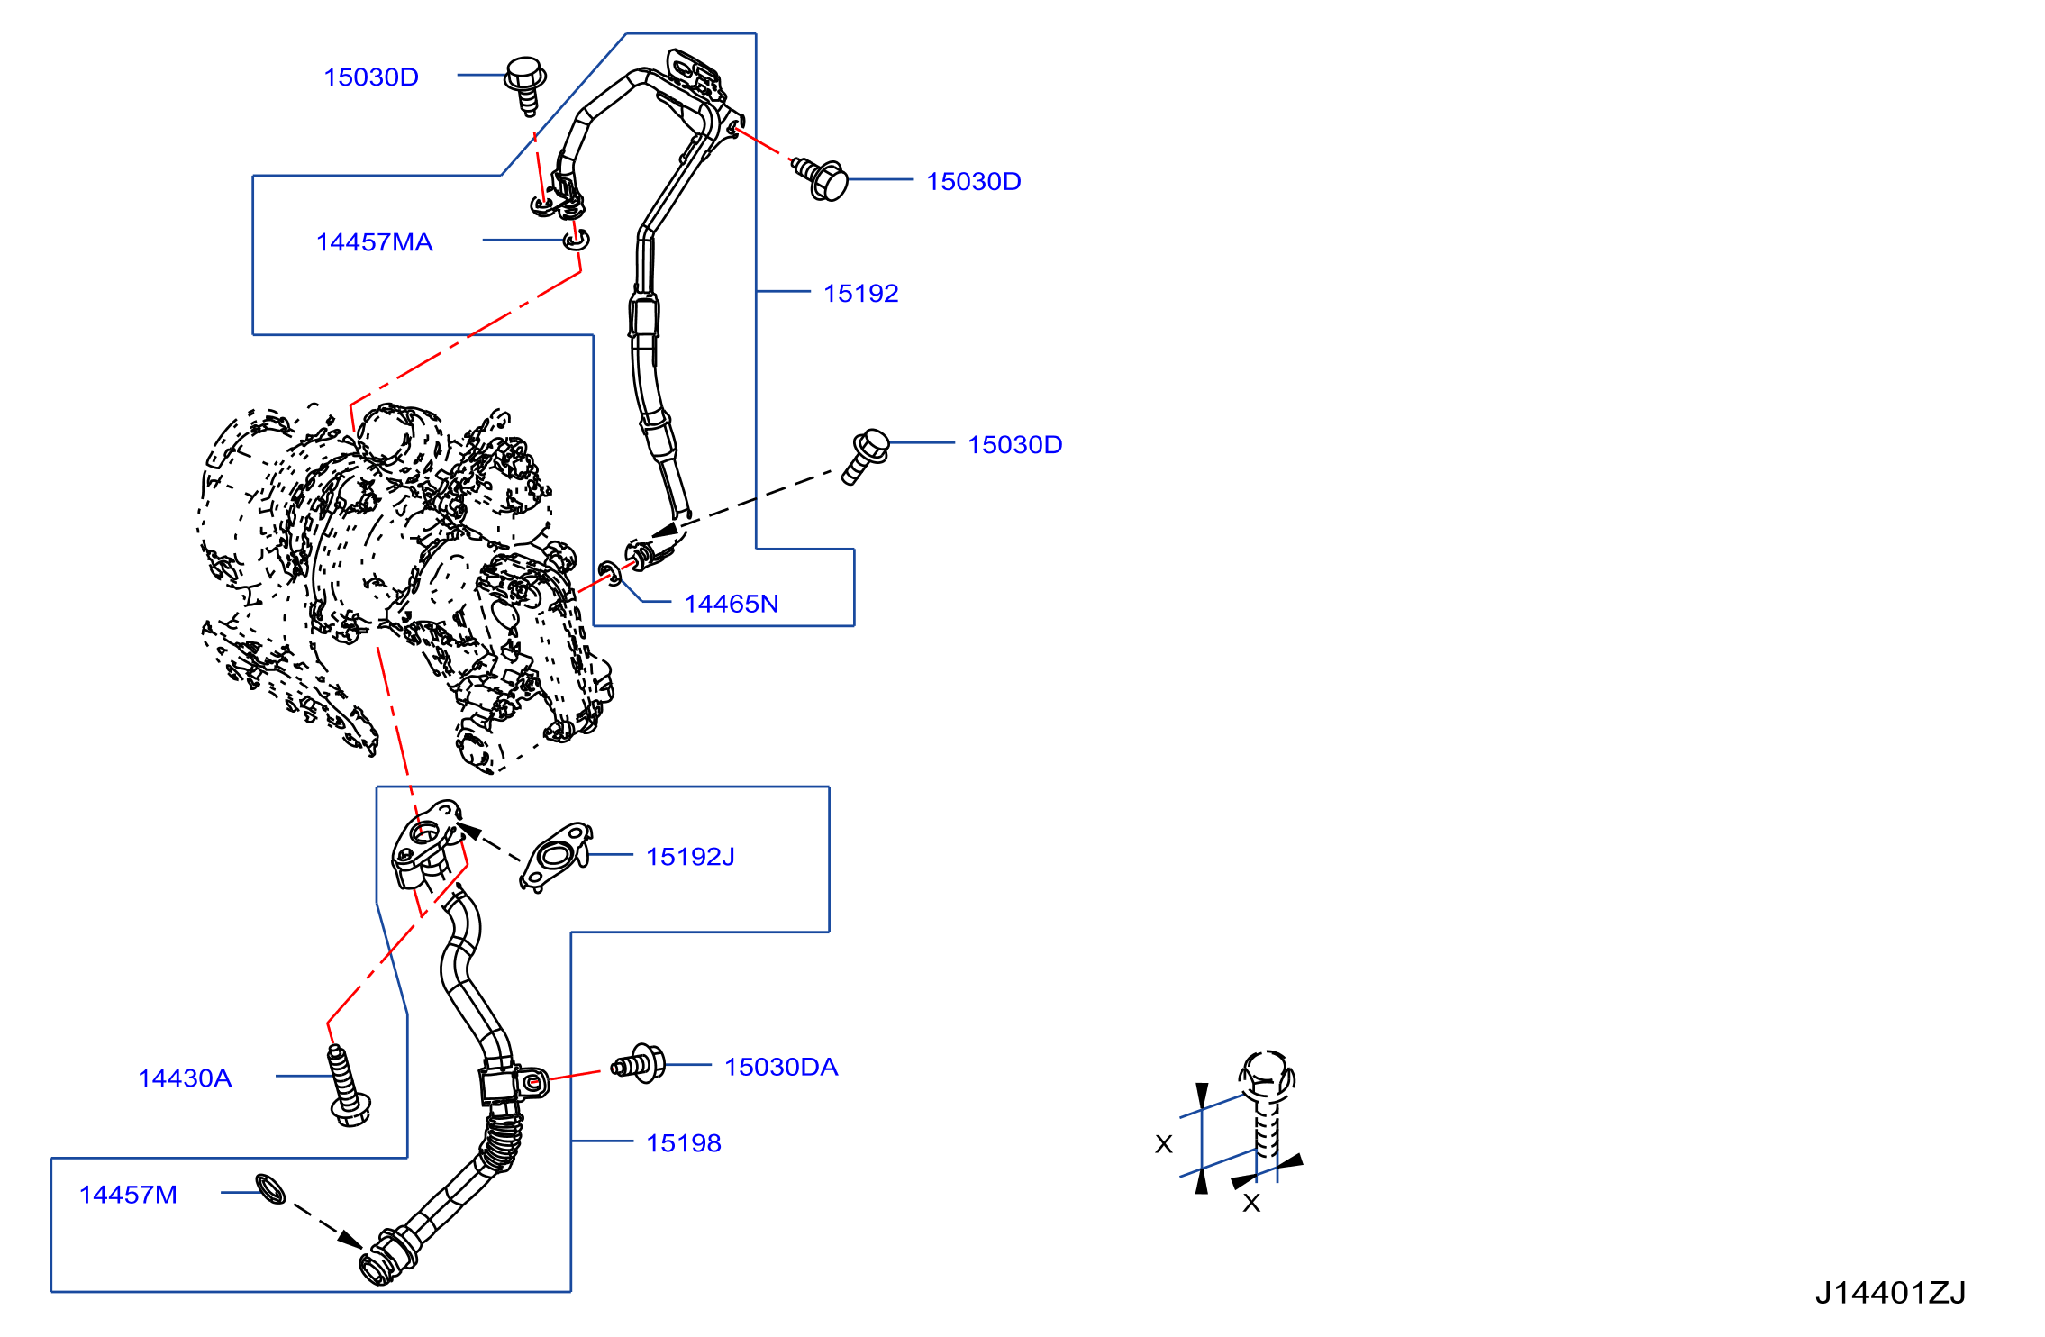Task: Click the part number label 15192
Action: tap(860, 294)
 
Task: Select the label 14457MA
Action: tap(374, 242)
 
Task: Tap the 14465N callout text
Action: tap(731, 604)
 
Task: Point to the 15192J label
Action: tap(690, 857)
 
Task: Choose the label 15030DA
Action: tap(781, 1068)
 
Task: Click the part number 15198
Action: tap(684, 1143)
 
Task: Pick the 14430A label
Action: tap(185, 1078)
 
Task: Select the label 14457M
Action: tap(128, 1195)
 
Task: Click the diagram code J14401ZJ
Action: tap(1890, 1294)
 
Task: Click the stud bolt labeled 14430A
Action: tap(349, 1086)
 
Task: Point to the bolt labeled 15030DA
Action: tap(639, 1065)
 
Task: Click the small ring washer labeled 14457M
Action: tap(270, 1189)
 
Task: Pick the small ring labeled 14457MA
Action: tap(576, 241)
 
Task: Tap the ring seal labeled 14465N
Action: tap(610, 571)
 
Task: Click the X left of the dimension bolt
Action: tap(1164, 1144)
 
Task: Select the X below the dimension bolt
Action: tap(1251, 1203)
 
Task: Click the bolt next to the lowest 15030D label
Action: tap(865, 456)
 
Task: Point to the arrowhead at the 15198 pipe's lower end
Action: tap(351, 1240)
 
